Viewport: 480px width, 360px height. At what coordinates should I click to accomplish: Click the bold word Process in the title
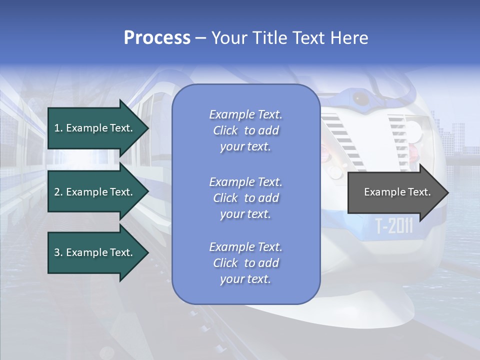[x=157, y=38]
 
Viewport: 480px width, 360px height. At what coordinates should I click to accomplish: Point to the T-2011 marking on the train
[x=394, y=226]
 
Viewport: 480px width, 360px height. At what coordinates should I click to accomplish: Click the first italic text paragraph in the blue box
[x=245, y=130]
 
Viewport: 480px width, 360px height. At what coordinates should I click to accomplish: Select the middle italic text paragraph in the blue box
[x=245, y=198]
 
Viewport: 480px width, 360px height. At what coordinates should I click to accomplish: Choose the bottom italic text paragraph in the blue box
[x=245, y=263]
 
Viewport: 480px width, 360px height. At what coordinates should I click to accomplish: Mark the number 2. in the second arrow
[x=58, y=192]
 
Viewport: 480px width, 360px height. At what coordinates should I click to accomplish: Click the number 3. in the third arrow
[x=58, y=253]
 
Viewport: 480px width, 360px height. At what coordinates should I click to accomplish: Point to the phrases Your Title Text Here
[x=290, y=38]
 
